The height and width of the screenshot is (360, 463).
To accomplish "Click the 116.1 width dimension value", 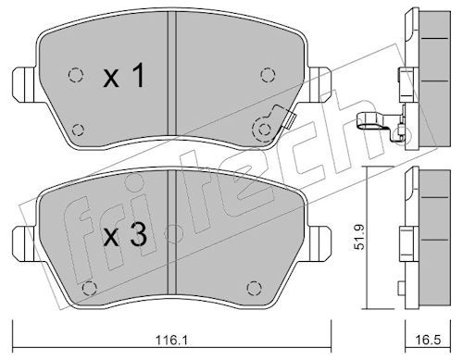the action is [172, 341].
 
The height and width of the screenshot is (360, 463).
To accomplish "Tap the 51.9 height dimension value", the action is [359, 237].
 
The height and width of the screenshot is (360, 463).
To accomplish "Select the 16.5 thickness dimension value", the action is [428, 340].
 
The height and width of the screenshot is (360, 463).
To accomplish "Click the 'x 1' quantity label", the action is [124, 75].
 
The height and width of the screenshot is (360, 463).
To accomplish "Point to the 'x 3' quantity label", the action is [125, 235].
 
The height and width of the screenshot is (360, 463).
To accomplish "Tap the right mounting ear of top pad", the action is [320, 85].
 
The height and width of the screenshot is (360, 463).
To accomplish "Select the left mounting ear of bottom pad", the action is [26, 244].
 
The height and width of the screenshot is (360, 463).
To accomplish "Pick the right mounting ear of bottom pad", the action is [320, 244].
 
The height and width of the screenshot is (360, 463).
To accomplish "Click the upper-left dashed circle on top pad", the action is [75, 74].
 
